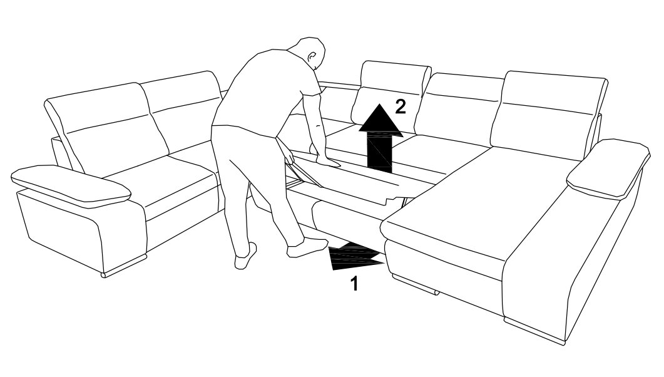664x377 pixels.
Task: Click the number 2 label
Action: tap(400, 106)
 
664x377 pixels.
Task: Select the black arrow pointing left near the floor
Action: tap(356, 257)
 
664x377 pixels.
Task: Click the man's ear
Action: tap(312, 56)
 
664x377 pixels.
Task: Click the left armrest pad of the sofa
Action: tap(71, 185)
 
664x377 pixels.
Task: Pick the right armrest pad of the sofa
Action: tap(608, 168)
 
